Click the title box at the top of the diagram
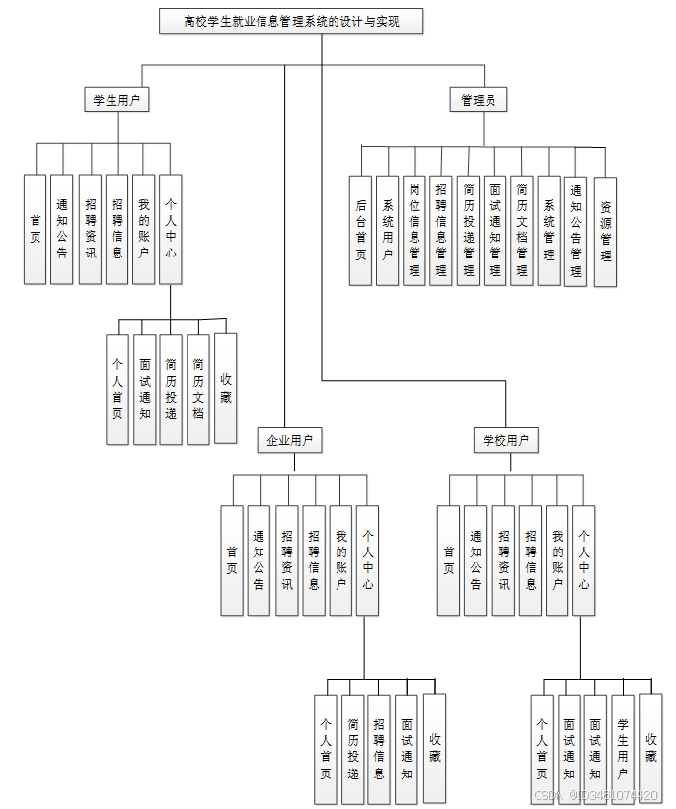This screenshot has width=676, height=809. pyautogui.click(x=291, y=21)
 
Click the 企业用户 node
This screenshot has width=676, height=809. pyautogui.click(x=289, y=440)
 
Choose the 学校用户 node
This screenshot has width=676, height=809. pyautogui.click(x=505, y=440)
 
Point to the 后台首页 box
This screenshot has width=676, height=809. pyautogui.click(x=361, y=231)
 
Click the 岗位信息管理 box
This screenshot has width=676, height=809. pyautogui.click(x=414, y=231)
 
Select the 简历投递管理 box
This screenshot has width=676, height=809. pyautogui.click(x=468, y=231)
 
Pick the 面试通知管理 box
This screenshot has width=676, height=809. pyautogui.click(x=495, y=231)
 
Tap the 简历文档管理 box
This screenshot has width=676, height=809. pyautogui.click(x=522, y=231)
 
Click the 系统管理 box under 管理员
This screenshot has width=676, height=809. pyautogui.click(x=550, y=231)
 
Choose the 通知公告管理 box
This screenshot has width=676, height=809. pyautogui.click(x=576, y=231)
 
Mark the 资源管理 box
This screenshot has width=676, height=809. pyautogui.click(x=605, y=232)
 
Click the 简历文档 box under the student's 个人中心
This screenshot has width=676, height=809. pyautogui.click(x=198, y=389)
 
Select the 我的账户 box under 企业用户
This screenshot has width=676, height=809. pyautogui.click(x=340, y=560)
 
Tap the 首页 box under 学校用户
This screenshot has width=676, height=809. pyautogui.click(x=449, y=560)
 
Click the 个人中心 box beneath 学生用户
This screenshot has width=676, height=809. pyautogui.click(x=171, y=229)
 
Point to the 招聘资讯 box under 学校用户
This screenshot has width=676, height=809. pyautogui.click(x=503, y=560)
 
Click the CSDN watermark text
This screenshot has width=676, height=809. pyautogui.click(x=596, y=795)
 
